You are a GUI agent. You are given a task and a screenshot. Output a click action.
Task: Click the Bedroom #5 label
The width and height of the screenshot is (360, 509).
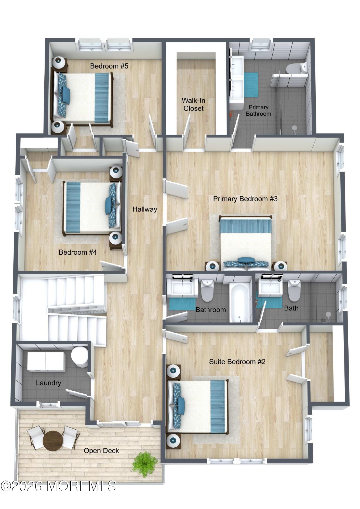[109, 66]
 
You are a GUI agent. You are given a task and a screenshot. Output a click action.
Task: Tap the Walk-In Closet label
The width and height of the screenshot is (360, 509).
[194, 104]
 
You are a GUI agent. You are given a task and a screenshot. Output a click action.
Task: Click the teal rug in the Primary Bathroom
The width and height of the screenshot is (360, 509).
[251, 85]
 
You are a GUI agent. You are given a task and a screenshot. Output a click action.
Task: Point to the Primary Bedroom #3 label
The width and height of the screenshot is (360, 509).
[245, 199]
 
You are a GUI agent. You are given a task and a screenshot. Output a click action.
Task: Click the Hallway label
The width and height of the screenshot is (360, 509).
[145, 209]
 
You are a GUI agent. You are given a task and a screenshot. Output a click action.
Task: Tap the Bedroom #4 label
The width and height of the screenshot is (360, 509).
[78, 252]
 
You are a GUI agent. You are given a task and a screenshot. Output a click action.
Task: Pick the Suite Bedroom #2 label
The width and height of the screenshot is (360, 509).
[237, 362]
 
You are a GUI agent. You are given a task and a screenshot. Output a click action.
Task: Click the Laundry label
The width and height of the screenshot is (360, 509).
[48, 383]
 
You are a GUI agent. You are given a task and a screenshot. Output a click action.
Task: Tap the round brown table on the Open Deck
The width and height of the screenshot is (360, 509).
[53, 440]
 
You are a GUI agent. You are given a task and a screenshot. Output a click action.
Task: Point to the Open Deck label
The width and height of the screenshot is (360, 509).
[101, 451]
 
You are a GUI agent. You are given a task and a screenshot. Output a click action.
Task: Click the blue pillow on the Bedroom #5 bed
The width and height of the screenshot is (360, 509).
[66, 95]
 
